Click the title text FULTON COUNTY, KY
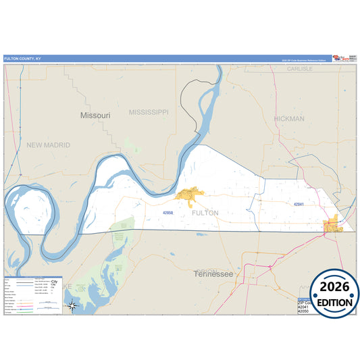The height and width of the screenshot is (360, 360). click(x=22, y=58)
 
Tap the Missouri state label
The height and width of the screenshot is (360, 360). click(x=95, y=115)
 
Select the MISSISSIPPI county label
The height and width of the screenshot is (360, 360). click(x=149, y=111)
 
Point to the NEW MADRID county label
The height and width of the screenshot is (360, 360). click(x=49, y=145)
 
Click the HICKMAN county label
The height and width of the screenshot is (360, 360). click(x=289, y=118)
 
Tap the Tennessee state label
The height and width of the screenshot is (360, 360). click(x=213, y=274)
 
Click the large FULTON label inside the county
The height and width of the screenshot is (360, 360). click(x=205, y=213)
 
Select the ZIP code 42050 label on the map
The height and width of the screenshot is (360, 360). click(x=168, y=212)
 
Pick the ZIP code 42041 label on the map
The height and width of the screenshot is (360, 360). click(x=299, y=203)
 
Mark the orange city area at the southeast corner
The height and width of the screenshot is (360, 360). click(x=333, y=225)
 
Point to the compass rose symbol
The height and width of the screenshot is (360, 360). click(x=74, y=306)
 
